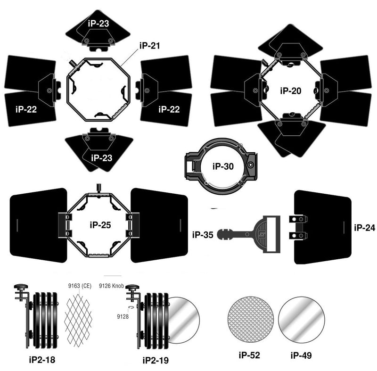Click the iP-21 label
point(149,45)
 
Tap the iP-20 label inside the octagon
point(291,91)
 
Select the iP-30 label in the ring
point(223,166)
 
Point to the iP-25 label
point(100,225)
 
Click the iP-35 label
point(203,235)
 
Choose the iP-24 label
point(364,228)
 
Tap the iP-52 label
point(249,355)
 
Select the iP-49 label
point(301,355)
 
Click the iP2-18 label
point(42,360)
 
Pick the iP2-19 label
point(156,361)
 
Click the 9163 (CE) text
point(80,286)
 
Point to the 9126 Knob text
point(111,286)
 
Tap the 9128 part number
point(123,317)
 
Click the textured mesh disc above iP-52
point(251,320)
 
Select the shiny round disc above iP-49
point(302,320)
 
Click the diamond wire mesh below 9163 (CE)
point(78,320)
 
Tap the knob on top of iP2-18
point(21,287)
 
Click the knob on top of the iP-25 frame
point(98,188)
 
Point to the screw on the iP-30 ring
point(251,165)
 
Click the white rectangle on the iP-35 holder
point(271,234)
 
